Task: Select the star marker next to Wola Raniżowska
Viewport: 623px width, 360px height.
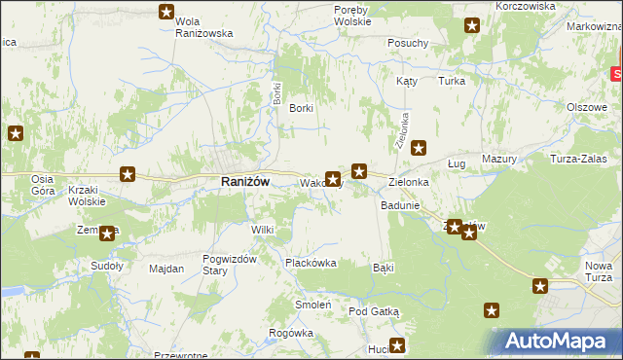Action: click(x=166, y=12)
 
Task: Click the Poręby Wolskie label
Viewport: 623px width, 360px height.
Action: click(x=351, y=15)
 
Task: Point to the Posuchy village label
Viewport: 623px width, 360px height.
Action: click(x=408, y=43)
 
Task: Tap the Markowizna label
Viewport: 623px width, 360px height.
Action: click(x=593, y=25)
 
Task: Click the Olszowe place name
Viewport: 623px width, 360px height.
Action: click(x=587, y=107)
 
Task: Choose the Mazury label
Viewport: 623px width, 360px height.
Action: click(x=498, y=159)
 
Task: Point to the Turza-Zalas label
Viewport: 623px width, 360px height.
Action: click(x=578, y=159)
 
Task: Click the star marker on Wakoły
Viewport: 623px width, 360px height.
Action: click(x=333, y=179)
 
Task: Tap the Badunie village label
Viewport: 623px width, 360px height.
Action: click(x=400, y=205)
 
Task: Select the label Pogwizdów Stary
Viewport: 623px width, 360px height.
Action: click(x=228, y=264)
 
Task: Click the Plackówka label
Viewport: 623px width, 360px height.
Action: click(x=310, y=263)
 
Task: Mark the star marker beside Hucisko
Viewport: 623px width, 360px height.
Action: click(x=396, y=344)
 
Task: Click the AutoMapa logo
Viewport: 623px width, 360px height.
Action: click(x=559, y=342)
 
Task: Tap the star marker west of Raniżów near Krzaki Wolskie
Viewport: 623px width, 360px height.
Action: click(x=128, y=174)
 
